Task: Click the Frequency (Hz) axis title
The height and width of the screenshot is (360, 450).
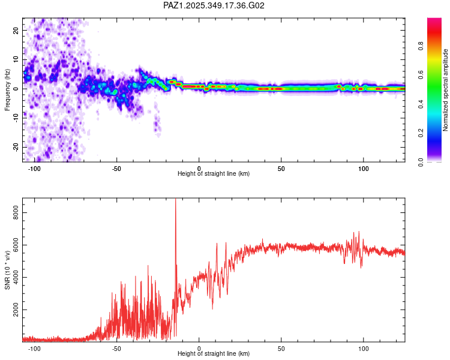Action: click(x=7, y=90)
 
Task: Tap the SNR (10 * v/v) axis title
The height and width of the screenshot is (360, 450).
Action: click(x=7, y=270)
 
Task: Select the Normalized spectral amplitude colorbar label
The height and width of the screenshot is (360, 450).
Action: click(x=446, y=90)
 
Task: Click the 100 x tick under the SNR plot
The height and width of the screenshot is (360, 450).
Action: click(x=363, y=348)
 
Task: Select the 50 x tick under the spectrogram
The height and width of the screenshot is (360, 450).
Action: click(x=281, y=168)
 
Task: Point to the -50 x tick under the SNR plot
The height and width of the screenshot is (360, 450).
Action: click(x=116, y=348)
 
